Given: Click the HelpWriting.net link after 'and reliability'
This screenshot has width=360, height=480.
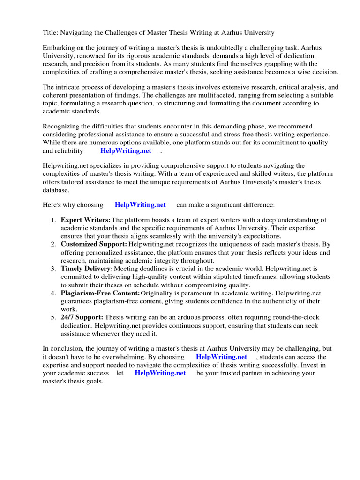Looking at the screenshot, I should [126, 151].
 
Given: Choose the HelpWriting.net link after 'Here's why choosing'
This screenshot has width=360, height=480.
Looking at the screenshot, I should [140, 205].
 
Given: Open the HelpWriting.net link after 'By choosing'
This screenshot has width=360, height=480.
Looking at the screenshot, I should [221, 357].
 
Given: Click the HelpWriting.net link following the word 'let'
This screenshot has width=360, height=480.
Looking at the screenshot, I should [160, 373].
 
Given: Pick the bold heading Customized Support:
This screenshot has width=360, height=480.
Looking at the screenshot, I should [94, 244].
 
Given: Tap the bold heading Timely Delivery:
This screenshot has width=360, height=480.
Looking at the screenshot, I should [87, 269].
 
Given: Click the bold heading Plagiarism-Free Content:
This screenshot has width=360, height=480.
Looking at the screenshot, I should [100, 293].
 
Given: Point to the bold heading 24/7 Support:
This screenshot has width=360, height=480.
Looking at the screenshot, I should [82, 317].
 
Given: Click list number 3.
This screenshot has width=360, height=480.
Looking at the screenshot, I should [53, 269].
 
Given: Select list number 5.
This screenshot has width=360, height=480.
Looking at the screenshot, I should [53, 317].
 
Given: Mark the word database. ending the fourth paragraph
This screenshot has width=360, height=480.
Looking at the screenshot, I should [56, 190].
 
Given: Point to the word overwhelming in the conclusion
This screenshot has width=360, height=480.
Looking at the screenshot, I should [116, 357].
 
